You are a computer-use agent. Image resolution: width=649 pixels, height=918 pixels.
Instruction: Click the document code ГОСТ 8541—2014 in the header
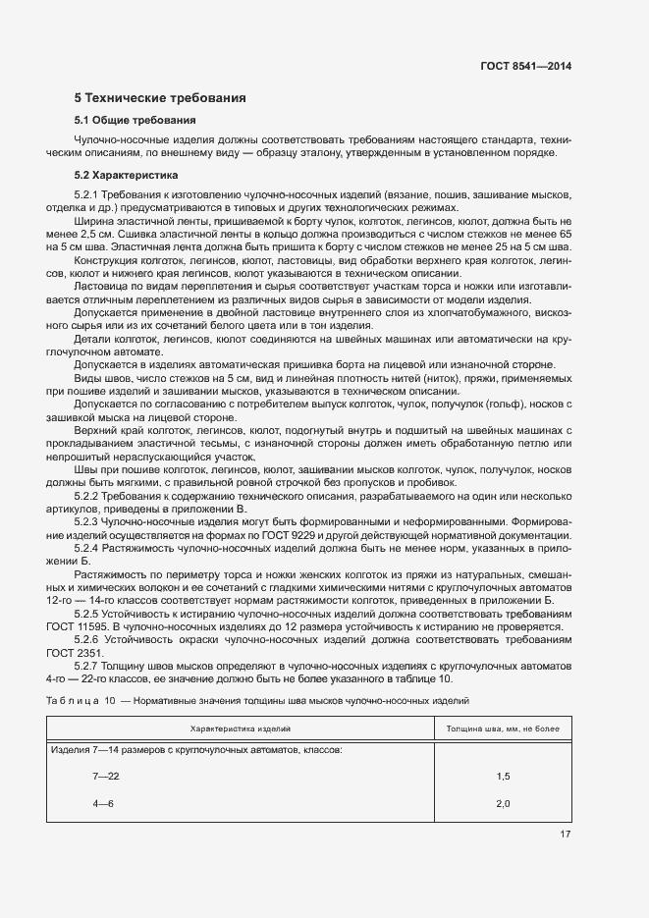pos(525,66)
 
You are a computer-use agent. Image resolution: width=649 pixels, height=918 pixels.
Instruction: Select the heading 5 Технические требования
pos(160,98)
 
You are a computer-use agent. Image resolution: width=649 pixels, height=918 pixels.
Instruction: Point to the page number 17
pos(566,835)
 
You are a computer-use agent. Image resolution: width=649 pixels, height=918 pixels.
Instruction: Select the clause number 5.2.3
pos(89,521)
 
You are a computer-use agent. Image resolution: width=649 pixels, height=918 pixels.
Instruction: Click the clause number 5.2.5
pos(89,613)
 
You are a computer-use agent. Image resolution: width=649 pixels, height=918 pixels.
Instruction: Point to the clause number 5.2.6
pos(89,638)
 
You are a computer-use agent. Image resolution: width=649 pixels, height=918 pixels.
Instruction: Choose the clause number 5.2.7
pos(89,665)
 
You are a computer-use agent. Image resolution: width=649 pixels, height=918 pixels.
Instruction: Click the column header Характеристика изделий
pos(240,729)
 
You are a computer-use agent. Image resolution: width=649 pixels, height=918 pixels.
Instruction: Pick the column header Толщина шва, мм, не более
pos(503,729)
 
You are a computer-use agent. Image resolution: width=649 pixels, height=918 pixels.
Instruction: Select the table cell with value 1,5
pos(503,777)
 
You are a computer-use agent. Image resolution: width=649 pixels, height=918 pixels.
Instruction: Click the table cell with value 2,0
pos(503,804)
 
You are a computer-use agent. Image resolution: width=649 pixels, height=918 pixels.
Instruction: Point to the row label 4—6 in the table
pos(103,804)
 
